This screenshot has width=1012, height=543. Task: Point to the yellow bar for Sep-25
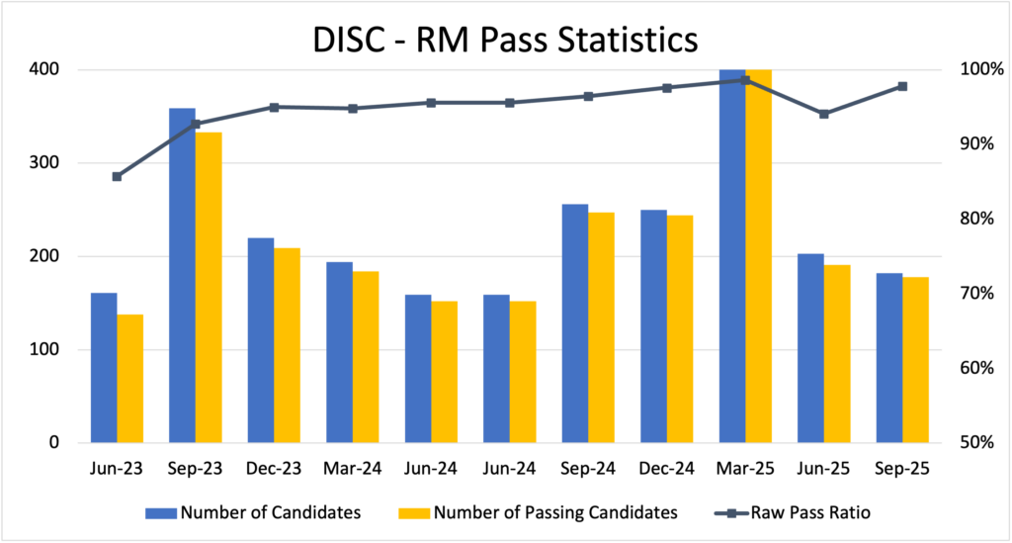[915, 360]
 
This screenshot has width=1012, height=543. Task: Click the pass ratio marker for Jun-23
[117, 176]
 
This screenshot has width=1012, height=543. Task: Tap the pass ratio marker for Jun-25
[824, 114]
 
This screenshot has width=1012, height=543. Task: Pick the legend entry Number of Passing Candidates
[539, 512]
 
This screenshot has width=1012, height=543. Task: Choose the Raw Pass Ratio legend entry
[791, 512]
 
